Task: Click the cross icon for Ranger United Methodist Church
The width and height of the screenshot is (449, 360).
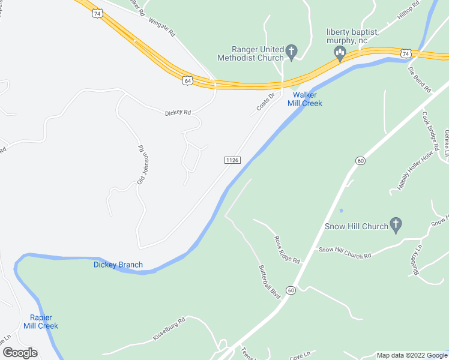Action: click(x=292, y=52)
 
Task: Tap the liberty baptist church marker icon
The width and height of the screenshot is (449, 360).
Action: click(x=340, y=55)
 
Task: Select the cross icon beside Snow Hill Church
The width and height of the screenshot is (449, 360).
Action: click(x=396, y=226)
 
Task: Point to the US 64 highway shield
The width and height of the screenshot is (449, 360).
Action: click(x=188, y=80)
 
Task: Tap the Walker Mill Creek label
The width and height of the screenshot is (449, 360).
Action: click(x=307, y=99)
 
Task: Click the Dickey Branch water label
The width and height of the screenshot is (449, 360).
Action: click(x=118, y=265)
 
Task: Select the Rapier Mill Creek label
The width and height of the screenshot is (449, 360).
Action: click(x=40, y=322)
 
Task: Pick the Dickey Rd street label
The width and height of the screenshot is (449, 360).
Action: click(x=178, y=112)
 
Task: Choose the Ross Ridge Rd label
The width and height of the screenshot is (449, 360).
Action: click(x=286, y=249)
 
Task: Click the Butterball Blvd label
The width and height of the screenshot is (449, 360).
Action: click(x=270, y=282)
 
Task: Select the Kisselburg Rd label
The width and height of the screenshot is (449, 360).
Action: click(x=169, y=330)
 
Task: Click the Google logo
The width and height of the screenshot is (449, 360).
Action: click(x=20, y=353)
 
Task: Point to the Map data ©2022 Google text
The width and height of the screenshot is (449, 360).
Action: click(x=412, y=355)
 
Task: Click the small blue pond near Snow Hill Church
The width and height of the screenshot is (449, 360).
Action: click(x=341, y=211)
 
